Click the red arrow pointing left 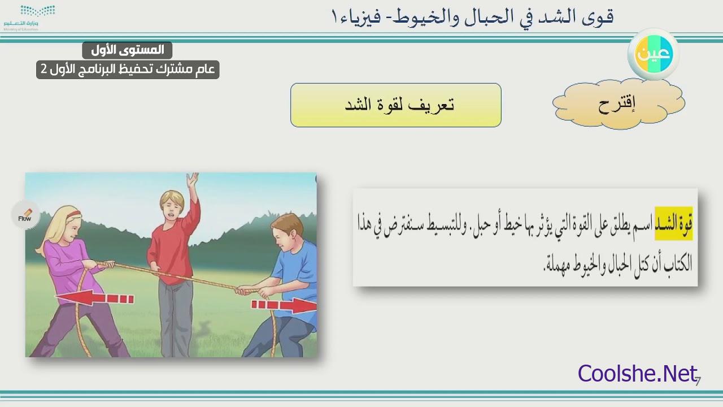94,298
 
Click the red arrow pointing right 284,305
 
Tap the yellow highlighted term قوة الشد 674,223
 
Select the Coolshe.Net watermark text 638,374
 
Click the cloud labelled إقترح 619,103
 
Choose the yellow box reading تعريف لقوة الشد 396,105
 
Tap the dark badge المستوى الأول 127,50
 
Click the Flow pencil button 25,215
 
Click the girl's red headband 73,214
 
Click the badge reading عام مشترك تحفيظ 128,70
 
